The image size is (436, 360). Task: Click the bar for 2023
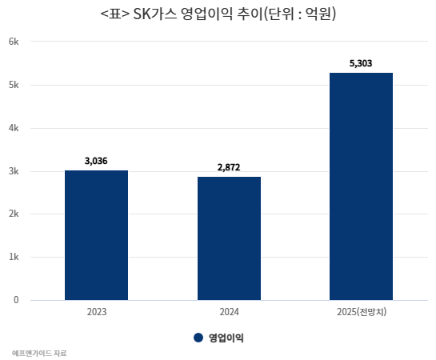click(x=97, y=235)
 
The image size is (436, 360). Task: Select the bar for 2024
click(x=229, y=238)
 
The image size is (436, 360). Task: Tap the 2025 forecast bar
click(x=362, y=186)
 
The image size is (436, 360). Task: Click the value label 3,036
click(x=96, y=161)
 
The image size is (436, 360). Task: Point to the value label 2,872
click(x=229, y=167)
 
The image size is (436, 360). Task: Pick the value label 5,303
click(x=361, y=63)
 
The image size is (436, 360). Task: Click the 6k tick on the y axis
click(x=14, y=42)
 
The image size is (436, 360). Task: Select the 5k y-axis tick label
click(x=14, y=85)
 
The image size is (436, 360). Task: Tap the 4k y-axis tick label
click(x=14, y=128)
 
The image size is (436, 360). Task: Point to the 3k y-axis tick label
click(x=14, y=171)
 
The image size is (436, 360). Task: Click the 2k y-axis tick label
click(x=14, y=214)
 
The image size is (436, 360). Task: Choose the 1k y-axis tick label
click(x=14, y=257)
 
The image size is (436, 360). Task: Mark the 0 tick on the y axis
click(x=16, y=300)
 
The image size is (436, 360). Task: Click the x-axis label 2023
click(x=97, y=312)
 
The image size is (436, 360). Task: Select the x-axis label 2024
click(x=229, y=312)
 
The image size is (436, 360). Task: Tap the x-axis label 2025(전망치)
click(x=362, y=312)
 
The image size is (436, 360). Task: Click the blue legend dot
click(x=198, y=338)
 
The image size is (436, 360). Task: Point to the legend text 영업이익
click(x=226, y=338)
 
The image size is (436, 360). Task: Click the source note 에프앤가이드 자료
click(x=39, y=354)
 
